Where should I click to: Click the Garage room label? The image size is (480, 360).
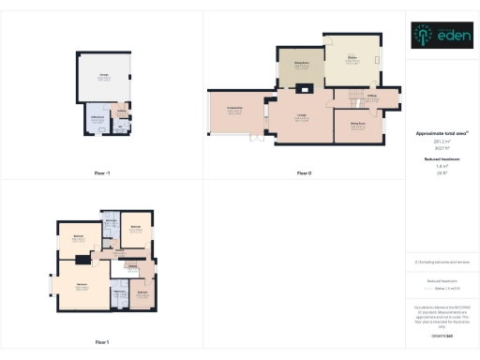[x=102, y=77]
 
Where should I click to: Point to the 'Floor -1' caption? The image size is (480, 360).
[x=102, y=173]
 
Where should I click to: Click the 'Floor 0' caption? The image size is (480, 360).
[x=304, y=173]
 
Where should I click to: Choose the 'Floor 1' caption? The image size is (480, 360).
[x=102, y=342]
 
